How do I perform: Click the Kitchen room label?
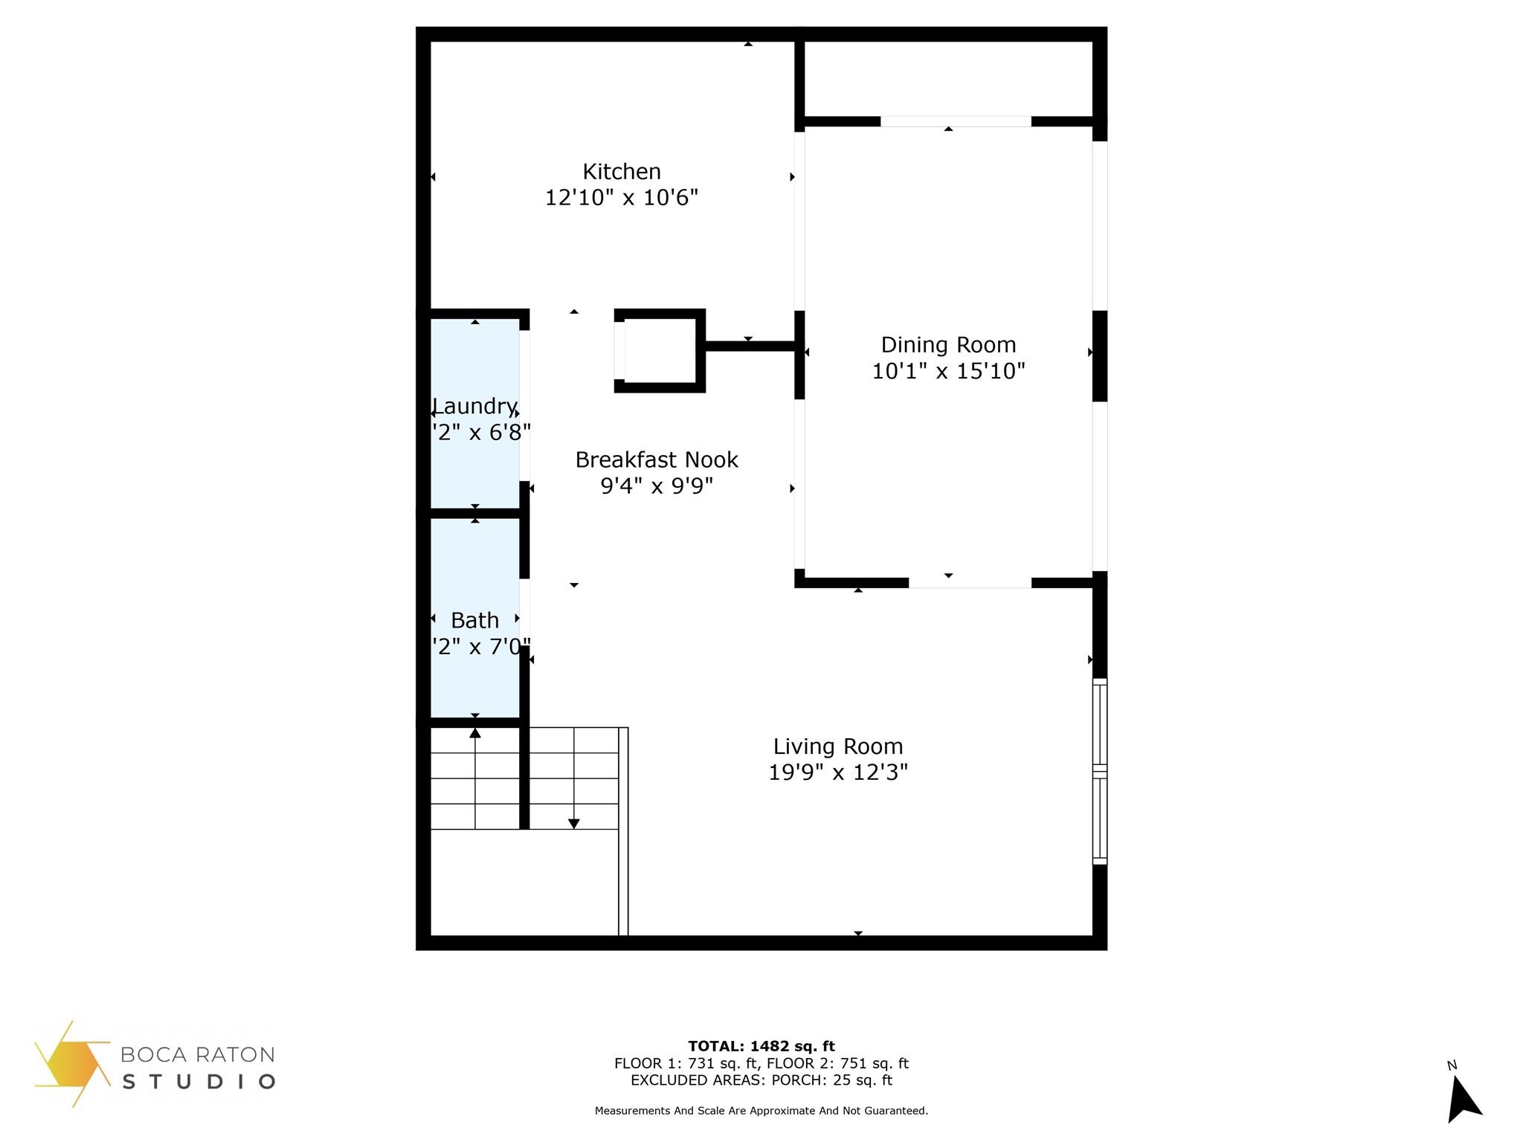click(x=621, y=172)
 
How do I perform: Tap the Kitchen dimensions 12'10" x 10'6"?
click(x=621, y=198)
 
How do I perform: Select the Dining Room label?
click(x=948, y=345)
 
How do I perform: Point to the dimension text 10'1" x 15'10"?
click(x=948, y=371)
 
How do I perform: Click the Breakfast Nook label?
click(x=657, y=460)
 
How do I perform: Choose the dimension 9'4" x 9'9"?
click(x=657, y=486)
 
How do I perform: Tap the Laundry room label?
click(x=474, y=407)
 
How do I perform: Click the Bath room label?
click(x=474, y=620)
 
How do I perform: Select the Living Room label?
click(x=838, y=746)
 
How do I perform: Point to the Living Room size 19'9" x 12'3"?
click(x=838, y=772)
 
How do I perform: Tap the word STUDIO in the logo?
click(x=199, y=1082)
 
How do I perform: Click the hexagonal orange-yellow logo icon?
click(x=71, y=1064)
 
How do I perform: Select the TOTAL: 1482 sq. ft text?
click(x=761, y=1047)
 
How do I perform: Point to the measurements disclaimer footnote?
click(x=761, y=1112)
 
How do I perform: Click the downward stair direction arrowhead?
click(x=574, y=823)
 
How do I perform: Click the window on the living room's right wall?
click(x=1100, y=771)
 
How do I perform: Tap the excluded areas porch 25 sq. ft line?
click(x=761, y=1080)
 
